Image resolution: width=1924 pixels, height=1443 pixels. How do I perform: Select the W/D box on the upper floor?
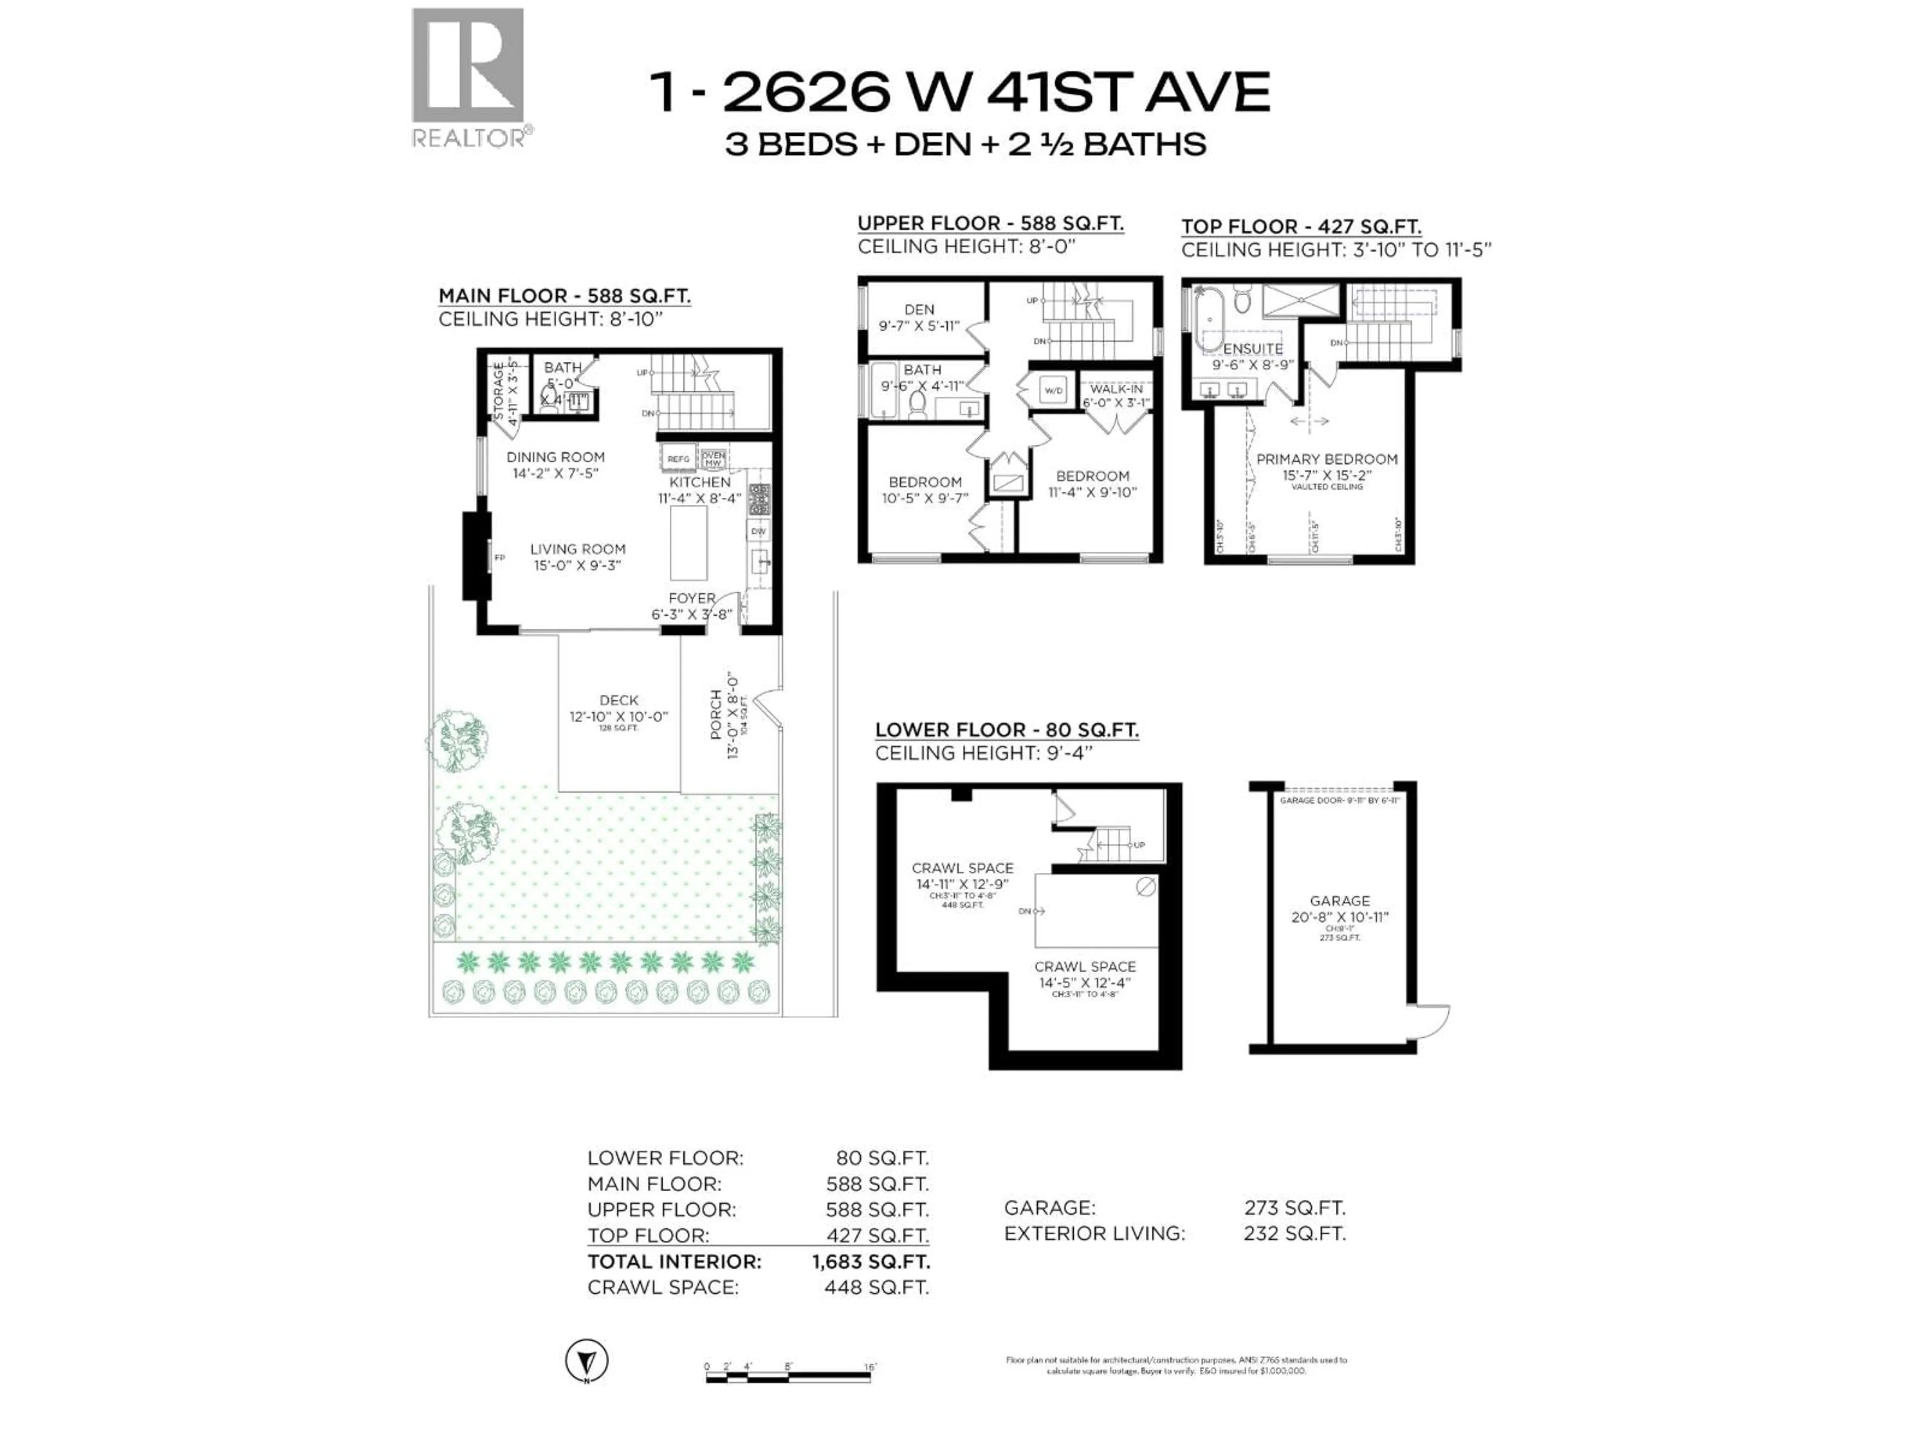1053,390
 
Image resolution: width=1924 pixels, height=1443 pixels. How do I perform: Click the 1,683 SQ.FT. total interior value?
871,1261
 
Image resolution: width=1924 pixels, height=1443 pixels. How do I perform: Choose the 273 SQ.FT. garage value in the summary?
1294,1208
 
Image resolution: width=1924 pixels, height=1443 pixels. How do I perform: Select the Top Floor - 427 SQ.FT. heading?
1300,227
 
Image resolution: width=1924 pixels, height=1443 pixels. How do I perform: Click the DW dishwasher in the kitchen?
758,532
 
